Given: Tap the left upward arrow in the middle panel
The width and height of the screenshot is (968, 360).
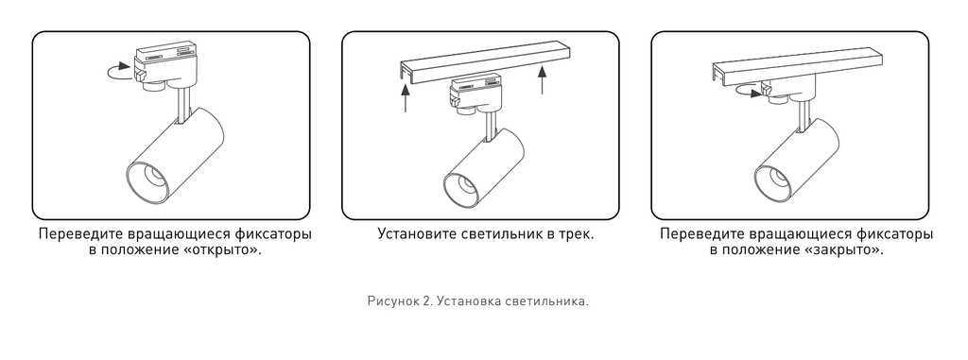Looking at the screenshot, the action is point(405,99).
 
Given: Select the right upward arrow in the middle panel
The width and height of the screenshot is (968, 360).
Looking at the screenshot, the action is point(543,79).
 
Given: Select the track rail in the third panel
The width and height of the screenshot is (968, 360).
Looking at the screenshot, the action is point(796,65).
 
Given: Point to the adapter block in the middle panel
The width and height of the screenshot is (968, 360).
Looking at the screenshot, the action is point(476,94).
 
